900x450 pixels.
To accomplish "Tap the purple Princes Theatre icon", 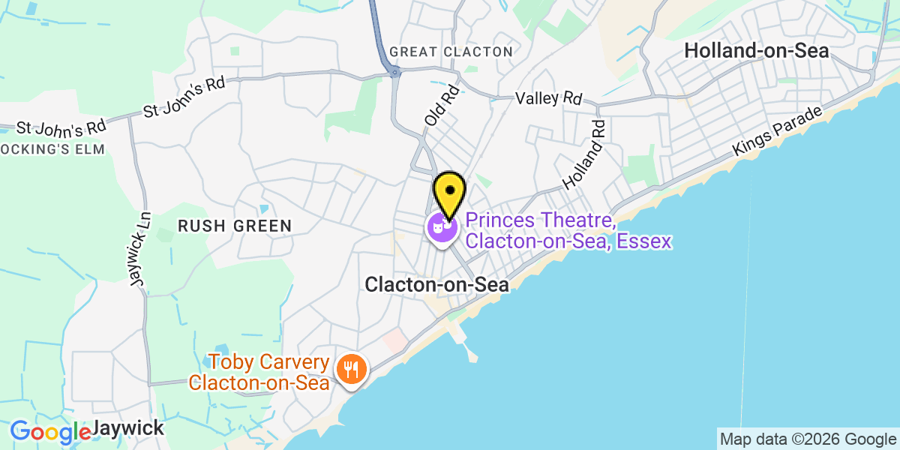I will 442,226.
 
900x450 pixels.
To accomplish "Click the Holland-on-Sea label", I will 757,51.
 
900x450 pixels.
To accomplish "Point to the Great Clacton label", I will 451,52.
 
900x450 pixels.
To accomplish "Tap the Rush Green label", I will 234,226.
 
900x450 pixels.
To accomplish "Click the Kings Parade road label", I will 778,132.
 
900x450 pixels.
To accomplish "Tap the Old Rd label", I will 441,106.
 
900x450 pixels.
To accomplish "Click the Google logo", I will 49,432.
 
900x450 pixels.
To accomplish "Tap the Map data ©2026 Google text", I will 808,439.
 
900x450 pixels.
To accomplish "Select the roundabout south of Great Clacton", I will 394,72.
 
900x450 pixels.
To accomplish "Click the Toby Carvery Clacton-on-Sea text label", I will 259,373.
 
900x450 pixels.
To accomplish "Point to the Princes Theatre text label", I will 568,231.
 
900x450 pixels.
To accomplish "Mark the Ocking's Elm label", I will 52,148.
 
